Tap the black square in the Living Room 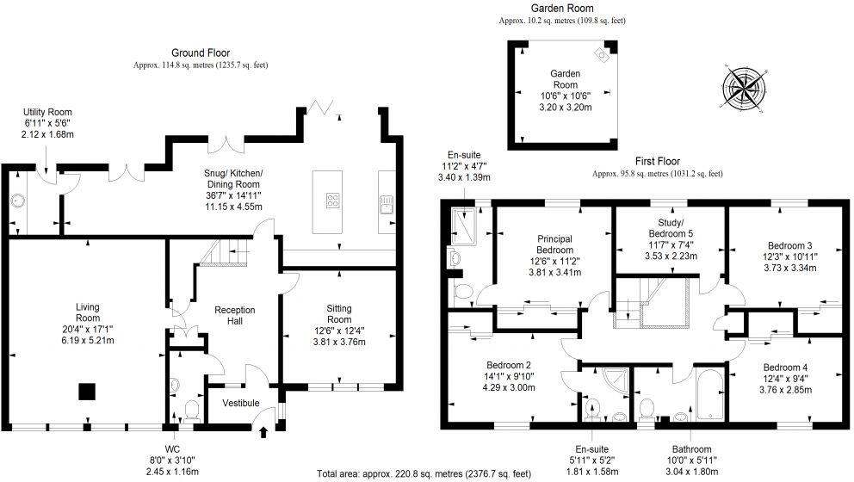point(86,392)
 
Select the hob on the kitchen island point(331,201)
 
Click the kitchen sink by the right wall point(385,203)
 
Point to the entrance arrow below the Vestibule point(263,432)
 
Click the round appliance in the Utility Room point(16,202)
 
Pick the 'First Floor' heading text point(657,161)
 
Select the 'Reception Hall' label point(236,316)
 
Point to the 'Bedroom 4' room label point(785,368)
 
